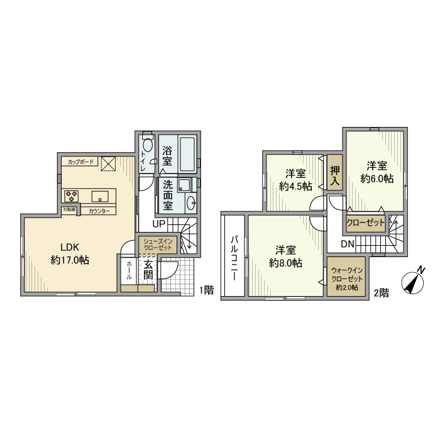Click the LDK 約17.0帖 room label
[x=70, y=254]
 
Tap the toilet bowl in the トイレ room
[x=148, y=145]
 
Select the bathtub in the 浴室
[x=187, y=154]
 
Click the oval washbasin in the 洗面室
[x=191, y=202]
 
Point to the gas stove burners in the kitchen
[x=71, y=196]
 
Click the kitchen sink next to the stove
[x=100, y=196]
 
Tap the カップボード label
[x=80, y=162]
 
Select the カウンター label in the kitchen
[x=99, y=211]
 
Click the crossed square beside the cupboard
[x=108, y=163]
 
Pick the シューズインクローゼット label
[x=158, y=244]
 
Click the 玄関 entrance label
[x=148, y=270]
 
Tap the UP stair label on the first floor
[x=158, y=224]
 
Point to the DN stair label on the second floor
[x=348, y=244]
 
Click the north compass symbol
[x=413, y=281]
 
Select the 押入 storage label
[x=335, y=175]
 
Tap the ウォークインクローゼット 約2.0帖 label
[x=347, y=279]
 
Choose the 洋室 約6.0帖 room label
[x=377, y=172]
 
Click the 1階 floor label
[x=207, y=290]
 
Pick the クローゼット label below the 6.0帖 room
[x=366, y=223]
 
